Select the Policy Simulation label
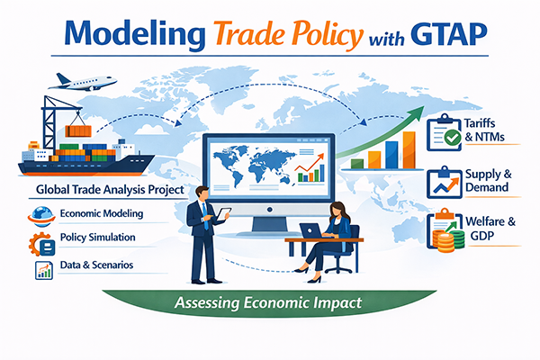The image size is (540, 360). coord(98,238)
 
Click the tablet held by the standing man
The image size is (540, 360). coord(223,214)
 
